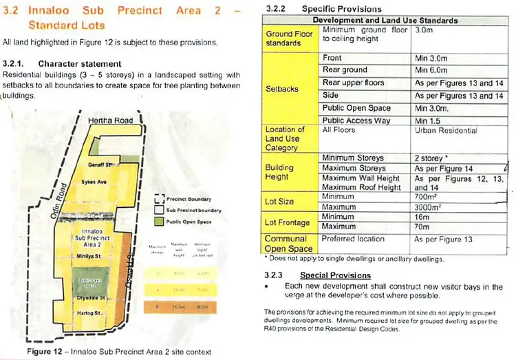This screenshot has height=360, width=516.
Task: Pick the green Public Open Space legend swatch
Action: [159, 222]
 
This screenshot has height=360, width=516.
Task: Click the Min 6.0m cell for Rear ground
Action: [432, 70]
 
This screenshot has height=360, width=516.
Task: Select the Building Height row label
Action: [279, 172]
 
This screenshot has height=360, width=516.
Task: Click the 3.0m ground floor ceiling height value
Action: [424, 31]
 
